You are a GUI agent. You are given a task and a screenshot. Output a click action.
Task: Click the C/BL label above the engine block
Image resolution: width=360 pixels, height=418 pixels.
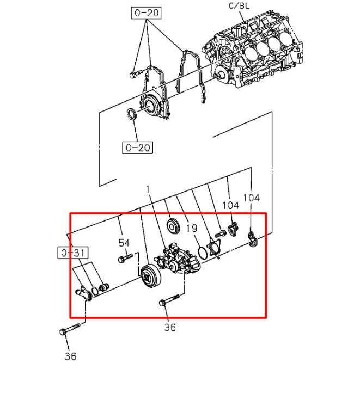[x=239, y=5]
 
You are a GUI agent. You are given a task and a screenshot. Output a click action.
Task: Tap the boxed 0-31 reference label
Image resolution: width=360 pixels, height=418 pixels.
[x=73, y=253]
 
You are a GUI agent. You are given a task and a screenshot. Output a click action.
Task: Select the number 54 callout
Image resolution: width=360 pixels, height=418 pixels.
[x=124, y=243]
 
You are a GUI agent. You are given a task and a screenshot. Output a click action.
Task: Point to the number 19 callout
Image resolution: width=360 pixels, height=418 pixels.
[x=192, y=228]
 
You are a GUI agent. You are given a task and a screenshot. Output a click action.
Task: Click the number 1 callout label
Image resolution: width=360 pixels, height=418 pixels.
[x=148, y=189]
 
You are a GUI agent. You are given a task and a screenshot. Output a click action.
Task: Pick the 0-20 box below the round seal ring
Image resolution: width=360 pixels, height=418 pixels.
[x=138, y=147]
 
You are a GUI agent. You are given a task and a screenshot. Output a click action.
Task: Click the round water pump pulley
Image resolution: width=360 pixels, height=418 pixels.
[x=150, y=276]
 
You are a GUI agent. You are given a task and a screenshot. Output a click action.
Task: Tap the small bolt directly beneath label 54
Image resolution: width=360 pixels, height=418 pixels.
[x=125, y=258]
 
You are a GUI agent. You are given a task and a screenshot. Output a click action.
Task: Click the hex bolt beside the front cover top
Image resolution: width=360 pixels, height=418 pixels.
[x=136, y=74]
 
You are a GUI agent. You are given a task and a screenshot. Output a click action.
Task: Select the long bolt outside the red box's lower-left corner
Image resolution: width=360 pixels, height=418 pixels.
[x=70, y=329]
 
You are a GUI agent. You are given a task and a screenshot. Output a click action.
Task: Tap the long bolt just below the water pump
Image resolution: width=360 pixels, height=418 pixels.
[x=169, y=300]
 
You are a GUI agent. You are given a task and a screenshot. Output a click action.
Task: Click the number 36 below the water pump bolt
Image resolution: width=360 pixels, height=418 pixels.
[x=170, y=327]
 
